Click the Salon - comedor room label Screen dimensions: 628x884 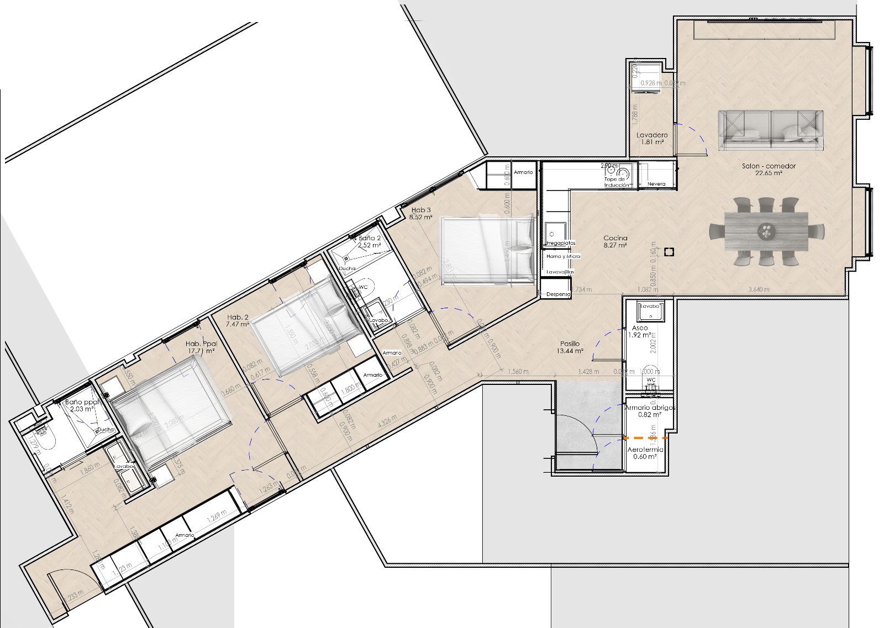769,166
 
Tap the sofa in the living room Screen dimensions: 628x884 771,130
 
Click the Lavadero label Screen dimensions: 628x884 652,135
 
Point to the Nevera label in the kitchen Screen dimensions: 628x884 656,184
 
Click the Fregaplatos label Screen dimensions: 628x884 561,243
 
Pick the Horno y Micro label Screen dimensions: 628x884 563,256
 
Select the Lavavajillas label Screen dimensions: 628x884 560,272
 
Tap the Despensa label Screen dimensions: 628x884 558,294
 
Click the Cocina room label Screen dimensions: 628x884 615,238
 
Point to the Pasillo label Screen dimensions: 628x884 570,344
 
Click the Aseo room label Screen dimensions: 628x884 640,328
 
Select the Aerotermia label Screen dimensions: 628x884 645,450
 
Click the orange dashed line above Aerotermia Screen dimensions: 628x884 645,438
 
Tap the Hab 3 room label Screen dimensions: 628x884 420,210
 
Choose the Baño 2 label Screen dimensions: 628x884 370,238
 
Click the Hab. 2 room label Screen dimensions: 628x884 238,318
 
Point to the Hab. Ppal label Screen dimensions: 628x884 201,344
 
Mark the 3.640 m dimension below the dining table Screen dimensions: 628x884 759,289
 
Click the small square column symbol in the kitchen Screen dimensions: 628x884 669,252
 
